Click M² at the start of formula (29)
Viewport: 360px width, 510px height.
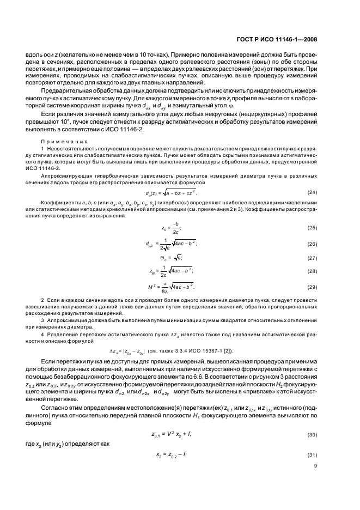click(x=151, y=286)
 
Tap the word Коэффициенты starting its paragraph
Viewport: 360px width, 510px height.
click(x=60, y=203)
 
